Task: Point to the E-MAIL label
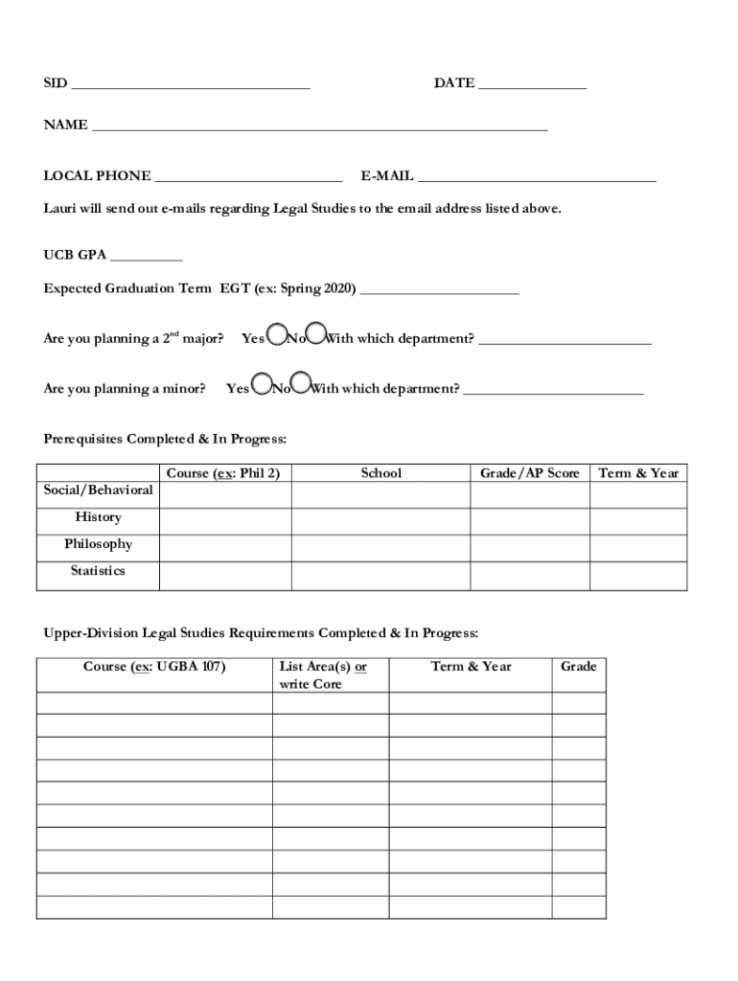point(387,176)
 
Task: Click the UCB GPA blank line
point(146,257)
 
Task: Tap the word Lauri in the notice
point(61,208)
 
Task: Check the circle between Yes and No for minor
point(261,385)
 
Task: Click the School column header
point(381,473)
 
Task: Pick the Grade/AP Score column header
point(529,473)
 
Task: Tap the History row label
point(98,517)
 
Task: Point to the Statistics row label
point(98,571)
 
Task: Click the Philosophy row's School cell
point(381,548)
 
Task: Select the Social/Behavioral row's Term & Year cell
point(637,494)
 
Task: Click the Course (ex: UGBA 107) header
point(154,667)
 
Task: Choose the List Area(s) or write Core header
point(323,675)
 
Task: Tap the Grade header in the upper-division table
point(578,667)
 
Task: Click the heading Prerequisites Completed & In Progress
point(165,439)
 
